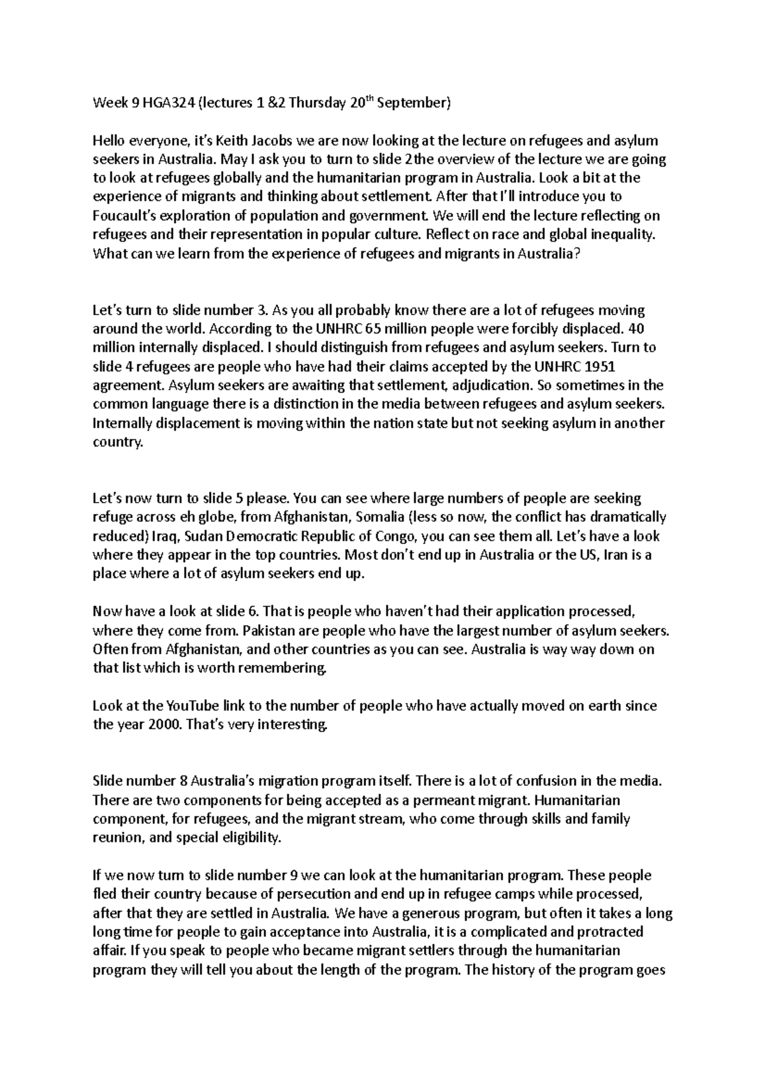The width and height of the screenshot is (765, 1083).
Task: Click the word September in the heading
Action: click(x=413, y=103)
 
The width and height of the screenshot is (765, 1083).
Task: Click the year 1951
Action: click(x=600, y=367)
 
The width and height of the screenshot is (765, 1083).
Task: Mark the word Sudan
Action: click(x=201, y=536)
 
